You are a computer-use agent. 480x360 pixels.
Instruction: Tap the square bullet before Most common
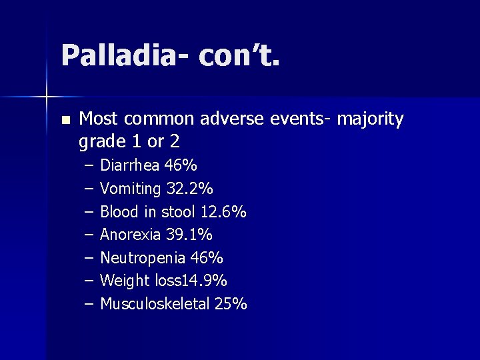click(65, 121)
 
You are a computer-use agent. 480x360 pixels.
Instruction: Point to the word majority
click(371, 119)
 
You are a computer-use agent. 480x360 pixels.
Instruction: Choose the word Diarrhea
click(130, 165)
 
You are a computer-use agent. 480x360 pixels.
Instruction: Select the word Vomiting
click(131, 189)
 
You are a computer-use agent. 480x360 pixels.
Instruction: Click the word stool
click(179, 212)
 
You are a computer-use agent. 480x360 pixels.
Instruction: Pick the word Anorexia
click(131, 235)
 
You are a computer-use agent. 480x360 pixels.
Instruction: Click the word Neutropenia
click(139, 258)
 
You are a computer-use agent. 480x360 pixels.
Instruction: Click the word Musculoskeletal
click(155, 304)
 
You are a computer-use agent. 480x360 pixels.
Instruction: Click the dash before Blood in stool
click(89, 212)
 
